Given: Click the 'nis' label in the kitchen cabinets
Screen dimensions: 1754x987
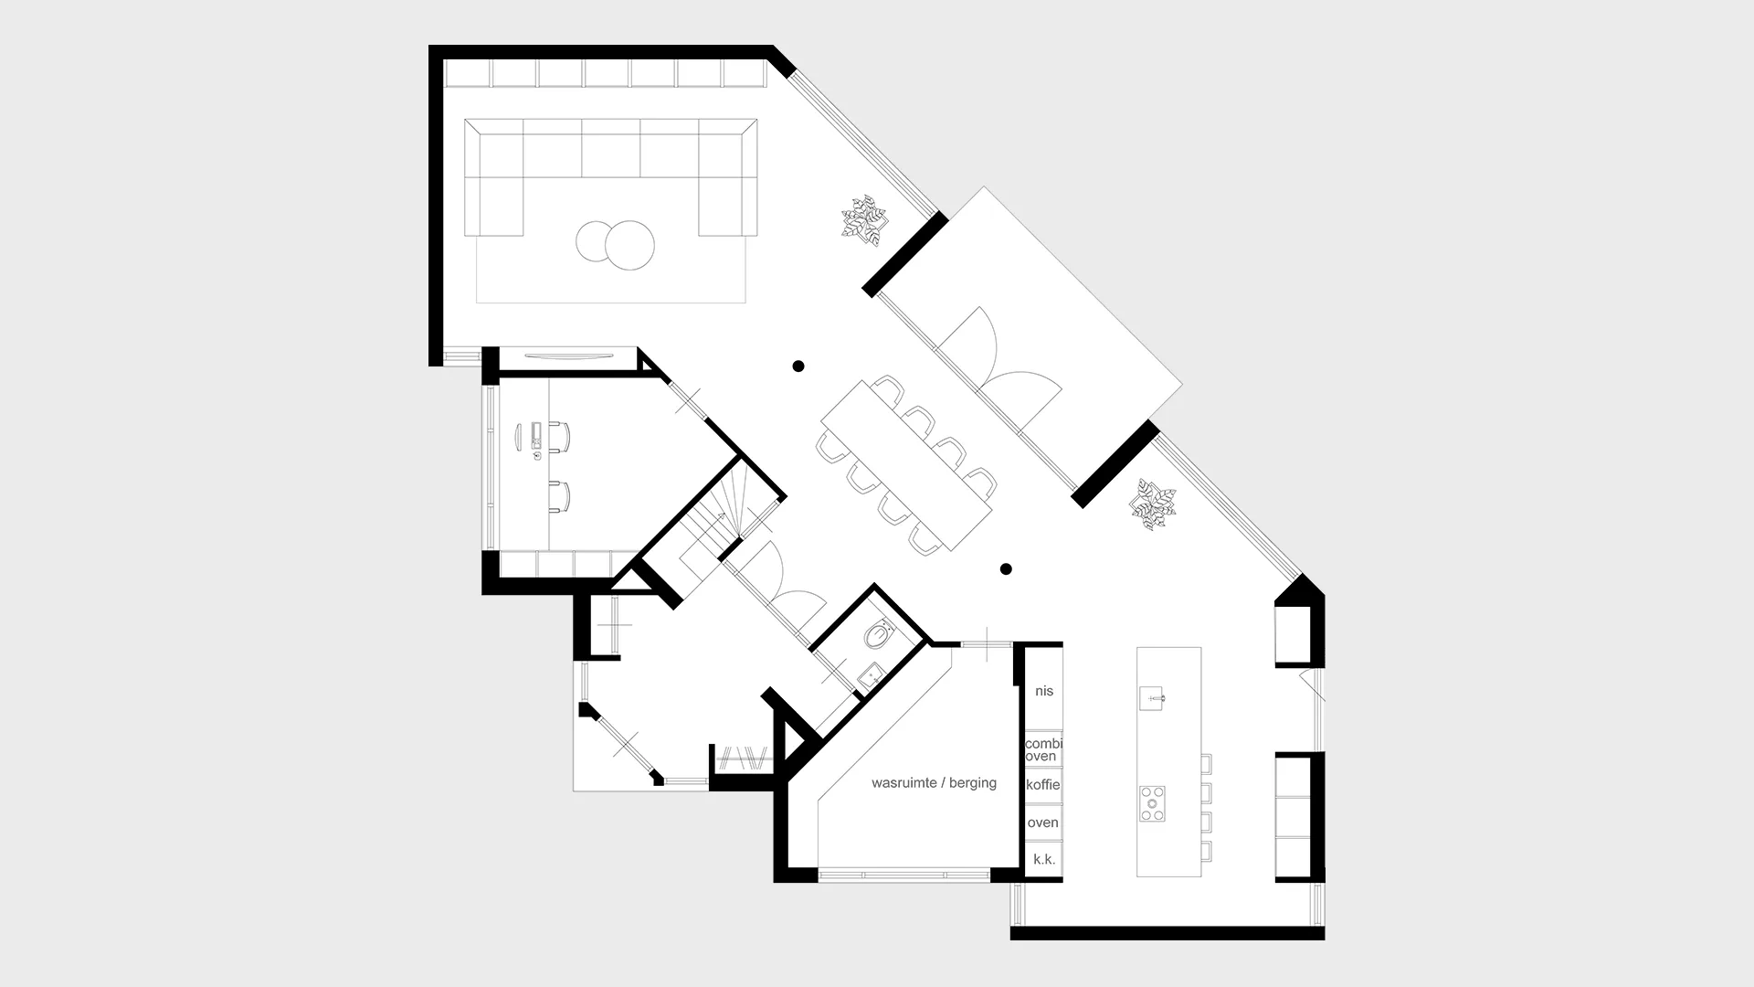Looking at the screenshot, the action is [1044, 691].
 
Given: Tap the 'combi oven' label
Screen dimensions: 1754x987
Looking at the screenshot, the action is [1043, 749].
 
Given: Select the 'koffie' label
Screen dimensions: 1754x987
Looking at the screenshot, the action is [1043, 785].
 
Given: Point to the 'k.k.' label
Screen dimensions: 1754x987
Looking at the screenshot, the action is [1044, 859].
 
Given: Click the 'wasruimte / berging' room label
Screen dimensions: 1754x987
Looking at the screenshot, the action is [934, 783].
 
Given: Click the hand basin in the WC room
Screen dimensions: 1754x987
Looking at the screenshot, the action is [871, 675].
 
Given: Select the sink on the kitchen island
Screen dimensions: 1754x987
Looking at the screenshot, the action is [1152, 698].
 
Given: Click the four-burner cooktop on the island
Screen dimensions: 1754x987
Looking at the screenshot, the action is [1152, 803].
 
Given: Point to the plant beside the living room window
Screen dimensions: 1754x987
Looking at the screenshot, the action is [863, 220].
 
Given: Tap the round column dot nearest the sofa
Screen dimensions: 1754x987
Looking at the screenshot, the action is [798, 366].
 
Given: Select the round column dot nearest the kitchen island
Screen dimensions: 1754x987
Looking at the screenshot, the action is [1006, 569].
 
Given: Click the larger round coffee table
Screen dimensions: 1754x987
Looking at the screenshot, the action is [629, 246].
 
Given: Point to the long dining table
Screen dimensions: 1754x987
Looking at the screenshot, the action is [906, 465].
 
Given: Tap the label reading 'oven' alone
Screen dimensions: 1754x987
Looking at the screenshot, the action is [1042, 822].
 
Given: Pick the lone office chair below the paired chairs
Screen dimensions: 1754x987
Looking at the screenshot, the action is [560, 495].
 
